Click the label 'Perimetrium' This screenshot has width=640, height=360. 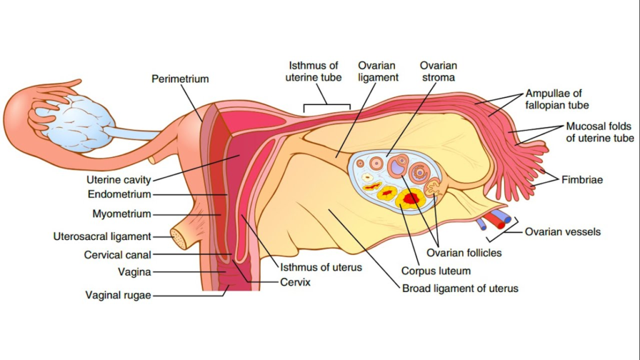(180, 79)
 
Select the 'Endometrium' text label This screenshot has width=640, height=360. (119, 194)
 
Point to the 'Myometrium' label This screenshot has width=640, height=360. (121, 214)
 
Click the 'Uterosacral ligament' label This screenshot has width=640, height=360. (102, 237)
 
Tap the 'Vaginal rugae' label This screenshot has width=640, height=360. (118, 296)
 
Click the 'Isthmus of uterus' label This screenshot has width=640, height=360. (321, 267)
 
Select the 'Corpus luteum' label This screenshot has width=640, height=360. (436, 271)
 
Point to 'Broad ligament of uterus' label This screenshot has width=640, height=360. (460, 289)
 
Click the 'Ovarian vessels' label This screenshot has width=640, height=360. (562, 232)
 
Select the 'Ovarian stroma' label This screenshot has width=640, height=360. (438, 71)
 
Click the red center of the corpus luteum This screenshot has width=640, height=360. (411, 198)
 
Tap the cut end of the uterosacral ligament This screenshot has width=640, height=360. (179, 237)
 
